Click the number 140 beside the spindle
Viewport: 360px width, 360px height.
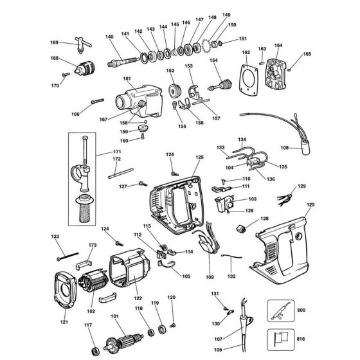109,37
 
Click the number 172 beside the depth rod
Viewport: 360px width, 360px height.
116,159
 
